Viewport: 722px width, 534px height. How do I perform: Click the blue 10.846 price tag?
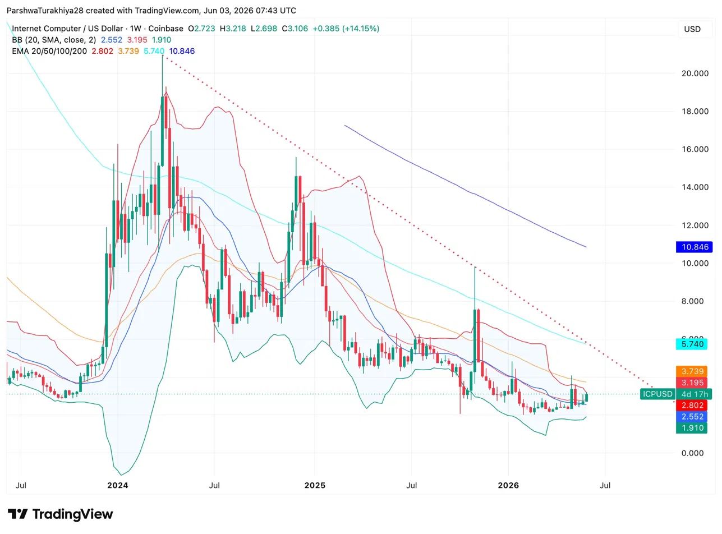(694, 247)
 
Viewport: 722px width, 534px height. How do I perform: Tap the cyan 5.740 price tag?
(691, 344)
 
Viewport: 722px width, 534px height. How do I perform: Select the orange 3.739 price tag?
(691, 371)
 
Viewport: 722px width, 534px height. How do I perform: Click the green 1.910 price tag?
(691, 428)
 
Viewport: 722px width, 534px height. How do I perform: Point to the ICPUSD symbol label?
(657, 394)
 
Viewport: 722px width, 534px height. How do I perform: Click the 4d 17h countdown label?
(694, 394)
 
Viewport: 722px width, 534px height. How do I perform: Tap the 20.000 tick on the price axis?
(695, 73)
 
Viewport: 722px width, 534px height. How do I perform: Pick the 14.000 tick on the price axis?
(695, 187)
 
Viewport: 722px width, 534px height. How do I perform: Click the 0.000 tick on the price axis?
(692, 453)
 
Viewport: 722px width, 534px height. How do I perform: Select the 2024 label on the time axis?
(118, 486)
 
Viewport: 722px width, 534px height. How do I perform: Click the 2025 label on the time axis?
(315, 486)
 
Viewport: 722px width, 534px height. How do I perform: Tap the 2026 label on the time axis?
(508, 486)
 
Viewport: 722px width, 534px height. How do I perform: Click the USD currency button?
(692, 29)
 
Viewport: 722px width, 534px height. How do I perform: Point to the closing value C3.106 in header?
(295, 29)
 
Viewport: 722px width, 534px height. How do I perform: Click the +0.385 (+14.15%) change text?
(346, 29)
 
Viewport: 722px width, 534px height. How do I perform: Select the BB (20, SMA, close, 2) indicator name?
(54, 40)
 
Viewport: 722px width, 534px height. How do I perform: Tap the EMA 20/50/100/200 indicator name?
(49, 51)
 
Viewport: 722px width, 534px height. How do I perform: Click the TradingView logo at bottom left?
(60, 514)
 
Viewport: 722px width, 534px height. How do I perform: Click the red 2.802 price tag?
(691, 406)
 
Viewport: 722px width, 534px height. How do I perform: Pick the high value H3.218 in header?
(233, 29)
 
